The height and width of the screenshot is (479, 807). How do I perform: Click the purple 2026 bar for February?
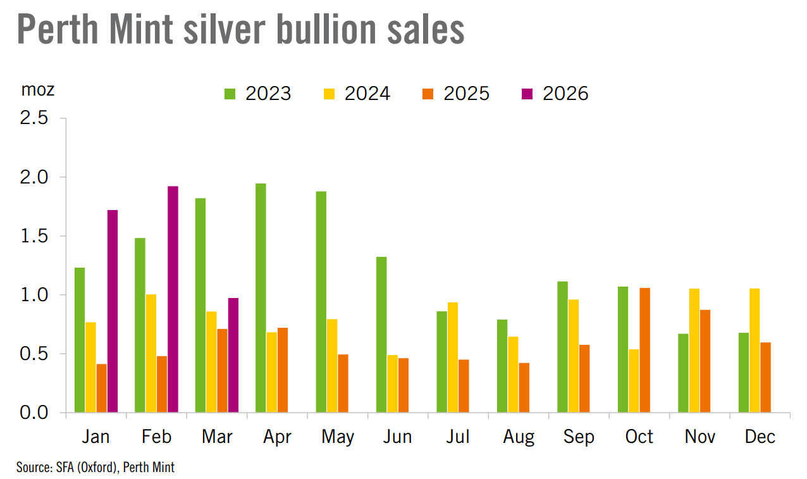click(x=173, y=299)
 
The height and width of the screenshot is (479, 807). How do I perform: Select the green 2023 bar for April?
click(x=261, y=298)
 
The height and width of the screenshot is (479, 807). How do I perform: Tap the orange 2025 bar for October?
click(x=644, y=350)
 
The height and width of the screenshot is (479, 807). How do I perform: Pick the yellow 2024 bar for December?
click(x=755, y=350)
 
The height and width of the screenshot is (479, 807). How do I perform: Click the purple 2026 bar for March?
click(x=233, y=355)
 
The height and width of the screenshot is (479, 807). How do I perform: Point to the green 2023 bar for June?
click(x=381, y=335)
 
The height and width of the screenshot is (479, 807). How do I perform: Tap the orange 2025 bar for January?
click(x=102, y=388)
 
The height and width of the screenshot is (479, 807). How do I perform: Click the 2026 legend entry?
click(x=555, y=94)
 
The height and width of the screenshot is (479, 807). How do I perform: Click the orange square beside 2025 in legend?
click(x=428, y=94)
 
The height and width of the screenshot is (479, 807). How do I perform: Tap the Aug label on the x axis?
click(x=519, y=437)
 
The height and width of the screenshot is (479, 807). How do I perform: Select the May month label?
click(x=338, y=437)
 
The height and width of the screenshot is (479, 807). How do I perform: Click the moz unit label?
click(x=38, y=90)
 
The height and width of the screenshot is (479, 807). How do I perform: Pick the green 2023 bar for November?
click(x=683, y=373)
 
